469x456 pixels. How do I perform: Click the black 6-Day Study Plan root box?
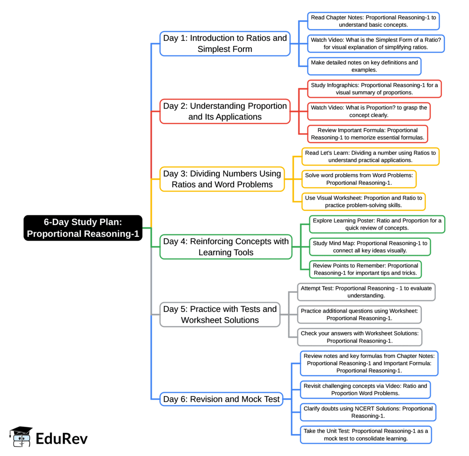pos(83,228)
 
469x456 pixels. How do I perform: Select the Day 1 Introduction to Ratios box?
pos(225,44)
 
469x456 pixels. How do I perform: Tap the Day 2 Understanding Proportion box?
pos(225,111)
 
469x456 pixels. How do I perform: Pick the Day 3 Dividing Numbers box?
pos(222,179)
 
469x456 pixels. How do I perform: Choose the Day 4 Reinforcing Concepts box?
pos(226,247)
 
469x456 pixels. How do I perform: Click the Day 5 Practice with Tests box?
pos(220,314)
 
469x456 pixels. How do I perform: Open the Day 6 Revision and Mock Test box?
pos(221,399)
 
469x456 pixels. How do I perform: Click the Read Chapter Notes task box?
pos(373,21)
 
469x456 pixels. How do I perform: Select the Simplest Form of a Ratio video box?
pos(376,44)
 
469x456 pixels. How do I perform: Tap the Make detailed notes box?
pos(364,66)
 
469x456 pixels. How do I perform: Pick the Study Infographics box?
pos(374,89)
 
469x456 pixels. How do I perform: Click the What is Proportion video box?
pos(369,111)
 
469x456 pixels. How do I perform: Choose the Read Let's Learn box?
pos(370,156)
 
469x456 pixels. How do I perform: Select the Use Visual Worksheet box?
pos(363,202)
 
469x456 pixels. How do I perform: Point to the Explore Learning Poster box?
pos(377,224)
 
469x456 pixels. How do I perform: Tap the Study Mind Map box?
pos(370,247)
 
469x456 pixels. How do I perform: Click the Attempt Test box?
pos(366,292)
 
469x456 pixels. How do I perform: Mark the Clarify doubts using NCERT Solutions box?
pos(368,412)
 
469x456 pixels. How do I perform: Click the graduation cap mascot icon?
pos(21,437)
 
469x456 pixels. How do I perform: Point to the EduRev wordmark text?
pos(62,439)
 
